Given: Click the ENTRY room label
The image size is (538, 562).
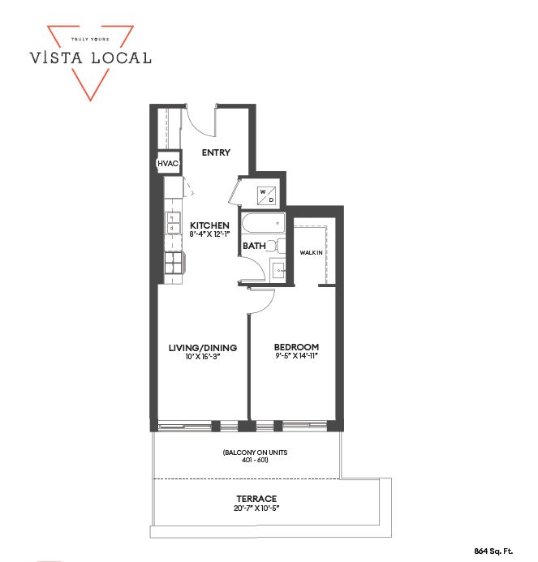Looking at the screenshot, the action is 216,152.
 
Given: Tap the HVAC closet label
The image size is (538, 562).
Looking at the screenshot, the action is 168,164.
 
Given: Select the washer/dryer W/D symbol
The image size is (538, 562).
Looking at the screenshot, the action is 266,195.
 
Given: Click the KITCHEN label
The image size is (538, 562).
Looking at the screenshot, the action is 209,225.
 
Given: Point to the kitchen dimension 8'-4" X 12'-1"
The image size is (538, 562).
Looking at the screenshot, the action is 209,234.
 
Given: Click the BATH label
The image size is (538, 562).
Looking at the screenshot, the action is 254,246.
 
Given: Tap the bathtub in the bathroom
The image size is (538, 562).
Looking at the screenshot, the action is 264,224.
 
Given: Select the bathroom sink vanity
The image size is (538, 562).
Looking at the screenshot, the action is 278,270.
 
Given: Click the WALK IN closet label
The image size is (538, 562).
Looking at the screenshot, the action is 311,253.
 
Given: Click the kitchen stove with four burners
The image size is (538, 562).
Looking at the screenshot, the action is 174,263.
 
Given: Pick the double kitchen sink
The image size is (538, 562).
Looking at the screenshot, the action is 173,223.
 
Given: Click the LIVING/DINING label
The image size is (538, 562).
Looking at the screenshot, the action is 203,348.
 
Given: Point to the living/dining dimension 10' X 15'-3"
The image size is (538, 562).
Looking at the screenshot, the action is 203,356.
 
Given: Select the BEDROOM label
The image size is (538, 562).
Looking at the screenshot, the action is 297,347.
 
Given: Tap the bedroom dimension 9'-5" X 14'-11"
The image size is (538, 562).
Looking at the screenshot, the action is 297,356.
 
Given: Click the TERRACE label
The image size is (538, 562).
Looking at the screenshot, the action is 256,499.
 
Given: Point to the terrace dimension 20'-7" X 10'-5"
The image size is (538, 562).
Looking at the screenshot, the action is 256,508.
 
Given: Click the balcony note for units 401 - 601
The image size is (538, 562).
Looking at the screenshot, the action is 255,456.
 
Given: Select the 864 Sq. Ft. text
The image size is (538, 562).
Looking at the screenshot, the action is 493,551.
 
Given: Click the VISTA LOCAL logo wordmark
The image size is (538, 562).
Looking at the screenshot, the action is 90,58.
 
